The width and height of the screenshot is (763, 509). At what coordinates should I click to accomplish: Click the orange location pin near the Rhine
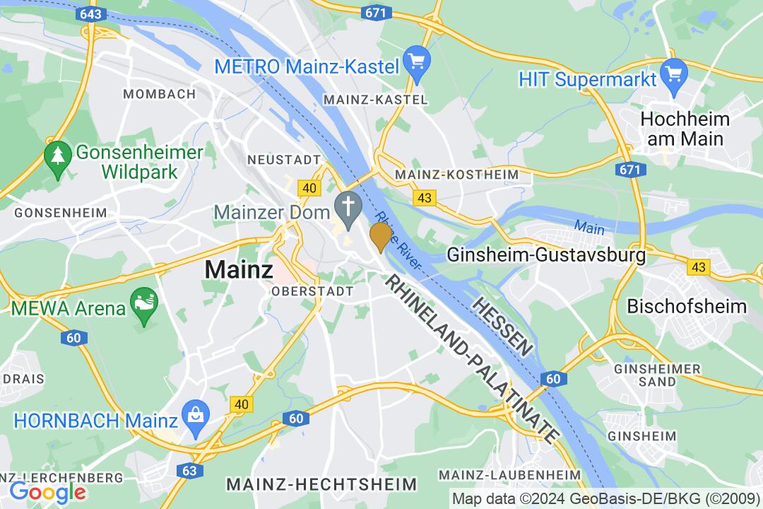(x=381, y=235)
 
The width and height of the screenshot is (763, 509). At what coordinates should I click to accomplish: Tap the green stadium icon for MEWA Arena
(x=143, y=308)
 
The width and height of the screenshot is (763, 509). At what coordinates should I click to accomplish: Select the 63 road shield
(x=189, y=469)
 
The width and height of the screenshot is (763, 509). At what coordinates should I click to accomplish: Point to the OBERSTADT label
(x=313, y=291)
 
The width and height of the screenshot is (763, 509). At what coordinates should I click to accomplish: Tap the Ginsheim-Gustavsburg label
(x=547, y=255)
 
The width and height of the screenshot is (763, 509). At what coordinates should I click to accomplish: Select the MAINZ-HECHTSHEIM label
(x=321, y=484)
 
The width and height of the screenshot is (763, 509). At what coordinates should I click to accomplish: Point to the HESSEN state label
(x=502, y=326)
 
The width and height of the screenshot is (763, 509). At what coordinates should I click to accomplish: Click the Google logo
(x=47, y=491)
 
